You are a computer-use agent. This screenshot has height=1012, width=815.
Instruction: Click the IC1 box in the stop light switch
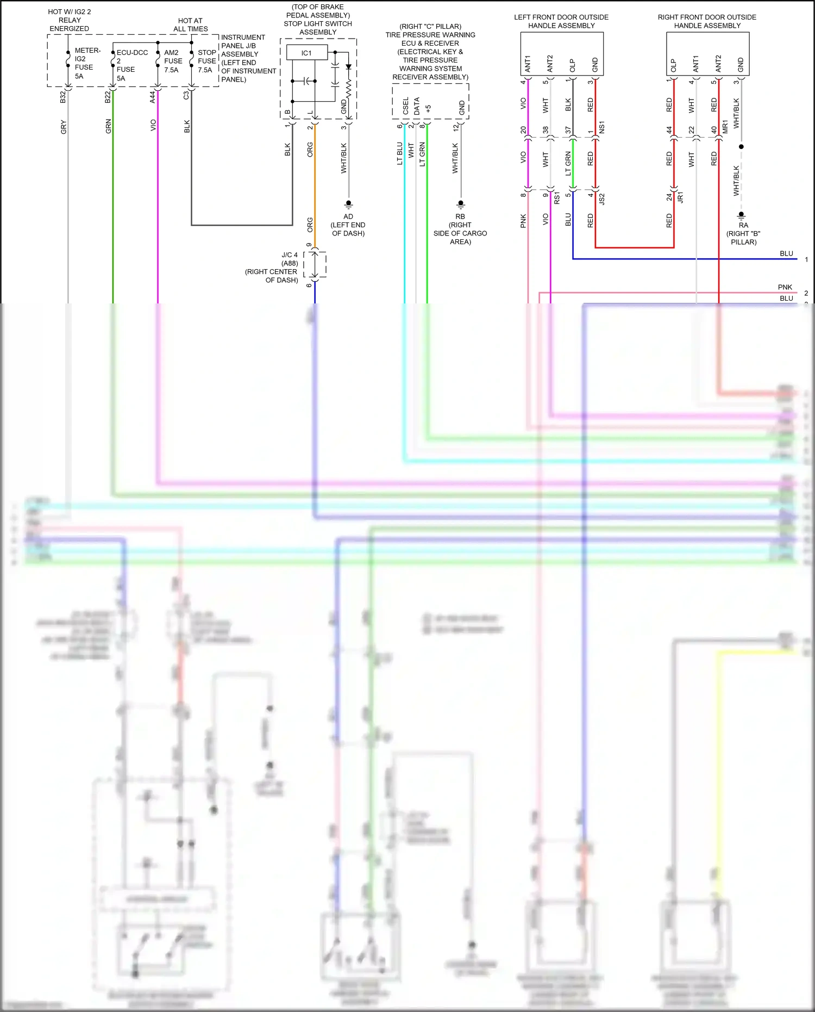(306, 53)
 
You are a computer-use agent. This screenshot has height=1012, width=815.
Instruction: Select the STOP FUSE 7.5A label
(206, 61)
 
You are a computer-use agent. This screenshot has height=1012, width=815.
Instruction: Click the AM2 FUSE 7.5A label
(173, 61)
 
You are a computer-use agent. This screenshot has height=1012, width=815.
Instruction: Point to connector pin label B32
(63, 97)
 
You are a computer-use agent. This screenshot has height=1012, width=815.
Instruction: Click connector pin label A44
(153, 97)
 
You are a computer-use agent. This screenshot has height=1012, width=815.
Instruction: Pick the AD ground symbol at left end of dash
(348, 204)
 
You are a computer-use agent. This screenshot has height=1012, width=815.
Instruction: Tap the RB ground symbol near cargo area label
(461, 204)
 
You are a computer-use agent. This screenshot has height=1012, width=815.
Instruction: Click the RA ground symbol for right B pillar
(741, 215)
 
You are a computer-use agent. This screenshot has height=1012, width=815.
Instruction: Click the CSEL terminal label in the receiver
(405, 105)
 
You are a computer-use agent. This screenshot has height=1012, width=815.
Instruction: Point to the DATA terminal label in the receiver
(417, 105)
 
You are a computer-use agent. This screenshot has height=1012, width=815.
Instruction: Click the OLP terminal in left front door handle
(572, 65)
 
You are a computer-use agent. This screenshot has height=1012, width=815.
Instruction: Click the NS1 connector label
(601, 128)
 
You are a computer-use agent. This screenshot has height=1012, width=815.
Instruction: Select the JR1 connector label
(680, 197)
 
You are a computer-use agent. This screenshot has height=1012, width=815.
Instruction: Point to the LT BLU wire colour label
(400, 153)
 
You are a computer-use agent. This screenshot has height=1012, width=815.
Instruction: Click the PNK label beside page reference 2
(785, 287)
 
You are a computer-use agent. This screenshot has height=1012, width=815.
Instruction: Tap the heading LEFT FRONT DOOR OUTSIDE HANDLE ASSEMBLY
(561, 21)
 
